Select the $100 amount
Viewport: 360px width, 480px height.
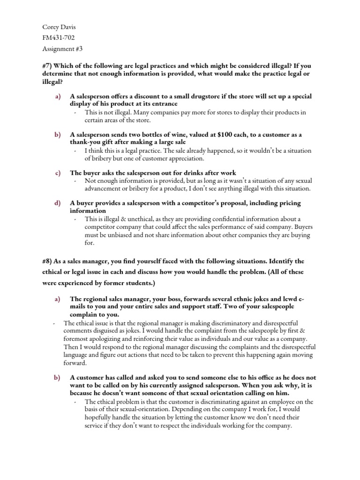point(228,135)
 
